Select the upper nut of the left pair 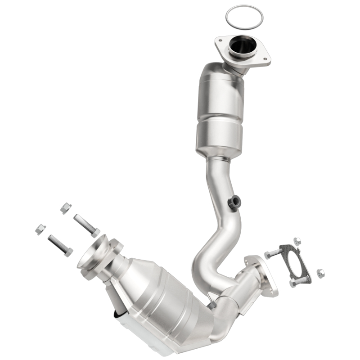point(66,208)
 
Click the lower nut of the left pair point(40,229)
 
